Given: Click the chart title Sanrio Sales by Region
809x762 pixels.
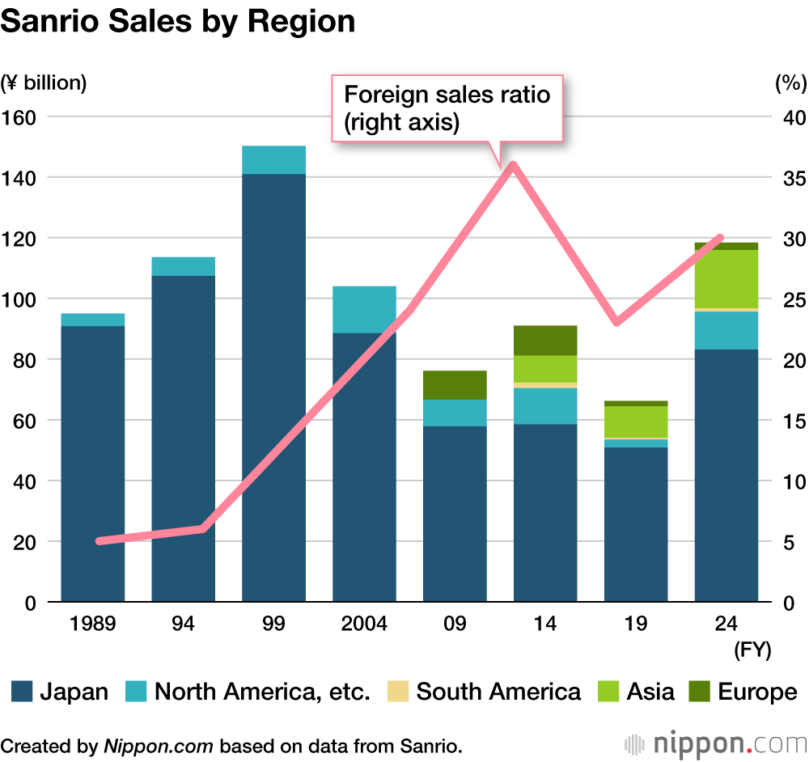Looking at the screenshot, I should (x=178, y=21).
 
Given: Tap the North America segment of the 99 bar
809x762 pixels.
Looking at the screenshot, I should (x=274, y=160).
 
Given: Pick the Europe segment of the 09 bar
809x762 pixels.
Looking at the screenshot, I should (x=455, y=385).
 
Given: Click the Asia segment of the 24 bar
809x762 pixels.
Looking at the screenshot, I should (x=726, y=278).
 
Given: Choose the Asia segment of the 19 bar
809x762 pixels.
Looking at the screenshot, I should (x=636, y=421).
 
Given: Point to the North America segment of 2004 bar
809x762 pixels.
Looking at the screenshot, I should (x=364, y=310).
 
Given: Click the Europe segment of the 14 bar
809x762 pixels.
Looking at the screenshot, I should (x=545, y=341).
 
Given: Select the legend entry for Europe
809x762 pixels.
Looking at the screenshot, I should (x=742, y=692).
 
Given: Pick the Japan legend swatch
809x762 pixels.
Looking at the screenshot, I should (x=22, y=692).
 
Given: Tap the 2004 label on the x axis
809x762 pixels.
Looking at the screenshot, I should (x=364, y=624).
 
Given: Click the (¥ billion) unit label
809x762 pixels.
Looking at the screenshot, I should (x=44, y=83).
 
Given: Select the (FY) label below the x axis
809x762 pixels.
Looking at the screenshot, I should (x=752, y=650).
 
